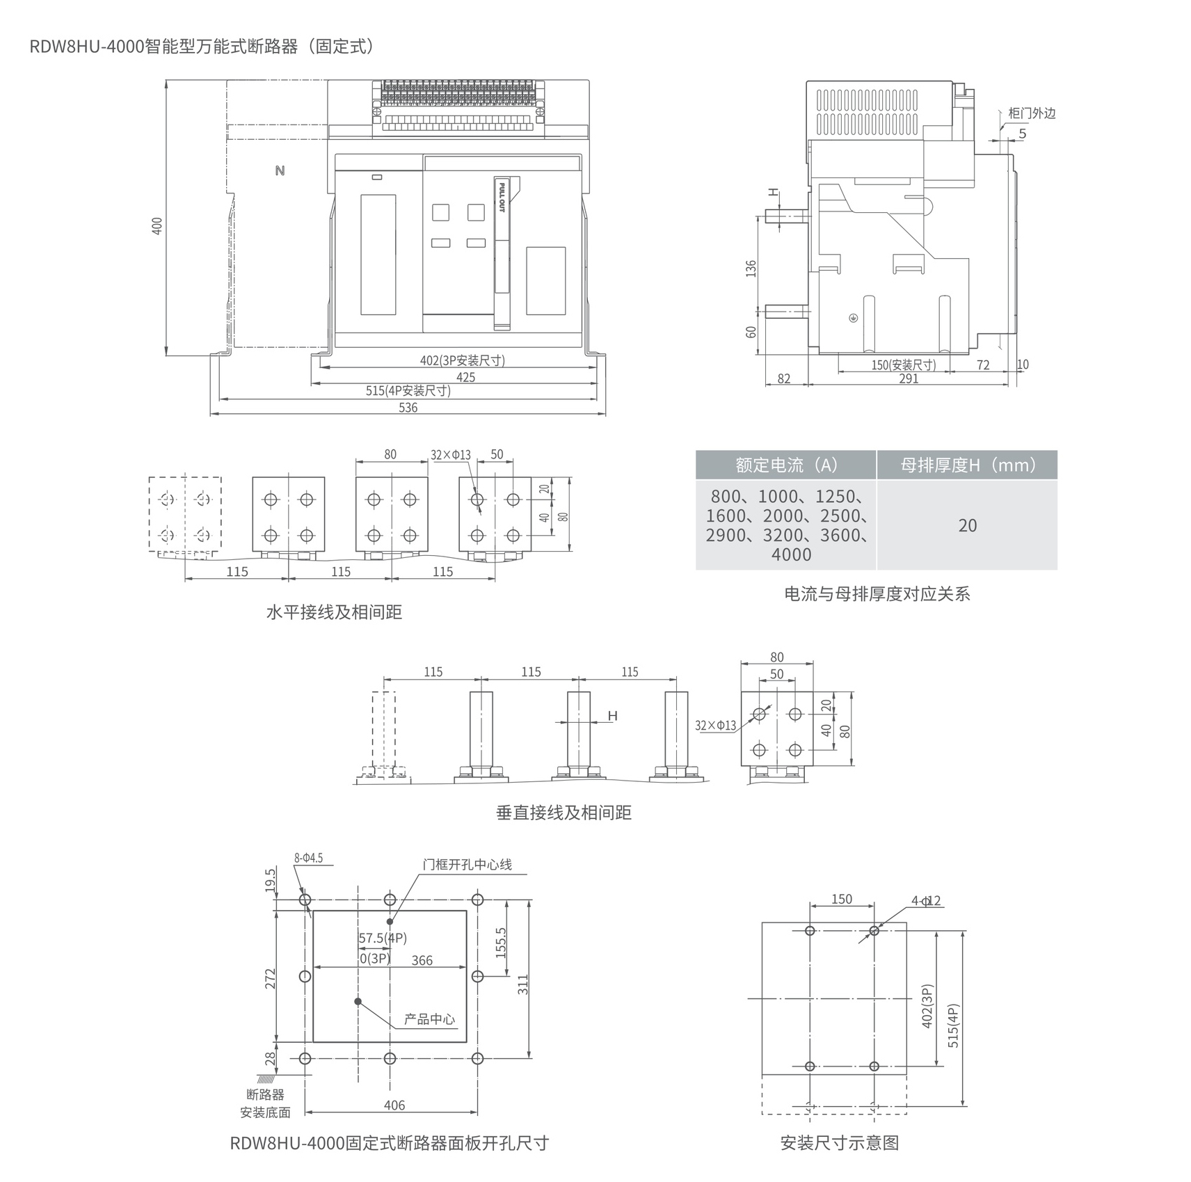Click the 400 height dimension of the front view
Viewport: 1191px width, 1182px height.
[x=157, y=225]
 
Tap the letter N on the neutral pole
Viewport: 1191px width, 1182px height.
[x=280, y=170]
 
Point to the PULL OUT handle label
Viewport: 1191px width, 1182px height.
[x=502, y=196]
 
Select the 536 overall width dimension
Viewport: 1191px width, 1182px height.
[x=408, y=408]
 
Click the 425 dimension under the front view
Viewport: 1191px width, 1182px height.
[x=465, y=377]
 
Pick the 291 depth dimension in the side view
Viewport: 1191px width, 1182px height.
[x=909, y=378]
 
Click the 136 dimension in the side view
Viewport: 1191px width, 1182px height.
[x=751, y=269]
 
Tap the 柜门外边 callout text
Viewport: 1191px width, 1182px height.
[x=1032, y=113]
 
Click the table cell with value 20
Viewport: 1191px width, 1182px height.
[x=968, y=525]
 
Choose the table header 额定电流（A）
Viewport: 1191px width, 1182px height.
[x=786, y=465]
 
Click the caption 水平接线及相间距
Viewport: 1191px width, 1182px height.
[x=334, y=612]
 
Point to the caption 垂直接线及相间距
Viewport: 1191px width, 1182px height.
[x=563, y=813]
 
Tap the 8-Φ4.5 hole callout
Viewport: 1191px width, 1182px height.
[x=308, y=858]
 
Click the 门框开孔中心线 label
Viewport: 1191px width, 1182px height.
[x=467, y=864]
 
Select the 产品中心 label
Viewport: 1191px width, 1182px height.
[x=429, y=1019]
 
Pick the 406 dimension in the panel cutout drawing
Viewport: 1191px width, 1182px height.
[x=394, y=1105]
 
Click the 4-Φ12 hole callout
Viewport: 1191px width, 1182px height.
[x=926, y=900]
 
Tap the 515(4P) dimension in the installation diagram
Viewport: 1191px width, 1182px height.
[x=953, y=1025]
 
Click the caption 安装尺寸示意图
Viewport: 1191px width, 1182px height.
[x=840, y=1143]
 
